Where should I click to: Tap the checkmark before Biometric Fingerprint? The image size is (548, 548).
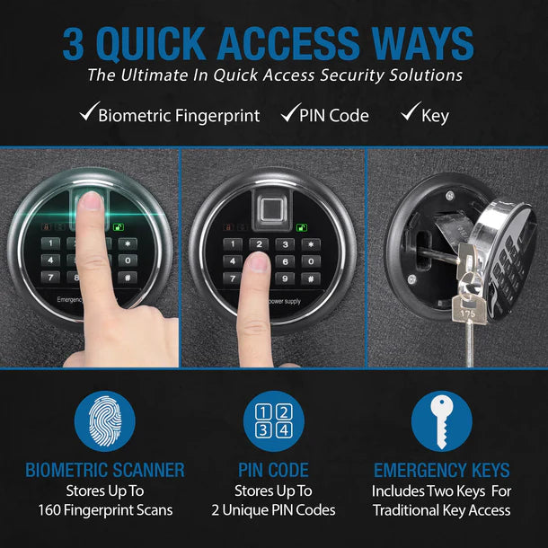click(87, 114)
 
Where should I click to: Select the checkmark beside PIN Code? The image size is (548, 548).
click(289, 114)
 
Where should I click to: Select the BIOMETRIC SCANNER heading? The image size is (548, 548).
click(105, 470)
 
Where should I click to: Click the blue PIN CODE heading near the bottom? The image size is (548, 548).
click(273, 470)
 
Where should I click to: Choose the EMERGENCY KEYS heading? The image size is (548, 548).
click(441, 470)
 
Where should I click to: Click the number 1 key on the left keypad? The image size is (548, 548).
click(52, 243)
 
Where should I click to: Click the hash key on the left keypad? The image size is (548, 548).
click(128, 277)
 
